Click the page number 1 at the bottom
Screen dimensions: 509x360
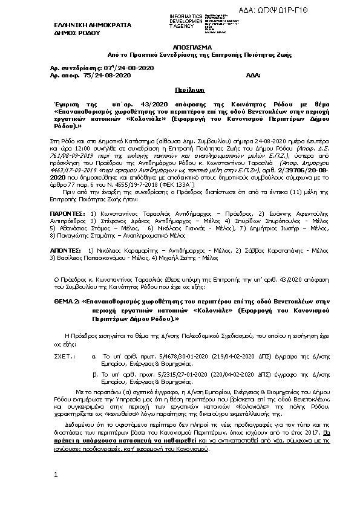pyautogui.click(x=56, y=475)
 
